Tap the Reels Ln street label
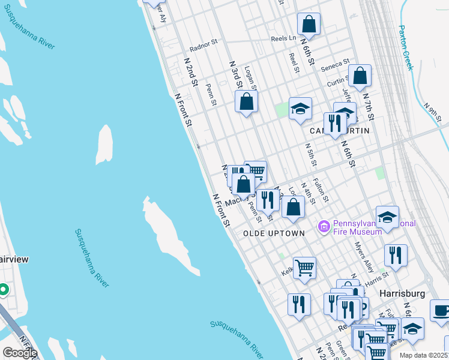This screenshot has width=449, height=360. pyautogui.click(x=283, y=38)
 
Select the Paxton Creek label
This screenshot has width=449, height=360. pyautogui.click(x=406, y=47)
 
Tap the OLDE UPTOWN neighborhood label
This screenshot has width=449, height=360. pyautogui.click(x=274, y=233)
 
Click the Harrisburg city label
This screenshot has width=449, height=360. pyautogui.click(x=402, y=293)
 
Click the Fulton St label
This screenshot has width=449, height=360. pyautogui.click(x=321, y=190)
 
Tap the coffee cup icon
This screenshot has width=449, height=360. pyautogui.click(x=442, y=311)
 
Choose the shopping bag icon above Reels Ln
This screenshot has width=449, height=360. pyautogui.click(x=309, y=25)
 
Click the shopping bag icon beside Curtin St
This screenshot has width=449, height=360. pyautogui.click(x=360, y=76)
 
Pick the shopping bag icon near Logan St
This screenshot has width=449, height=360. pyautogui.click(x=246, y=101)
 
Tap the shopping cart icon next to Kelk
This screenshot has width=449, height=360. pyautogui.click(x=304, y=268)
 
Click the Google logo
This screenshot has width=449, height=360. pyautogui.click(x=20, y=353)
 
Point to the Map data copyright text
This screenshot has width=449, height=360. pyautogui.click(x=423, y=355)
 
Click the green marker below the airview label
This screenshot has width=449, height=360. pyautogui.click(x=3, y=290)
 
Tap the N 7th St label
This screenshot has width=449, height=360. pyautogui.click(x=368, y=106)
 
